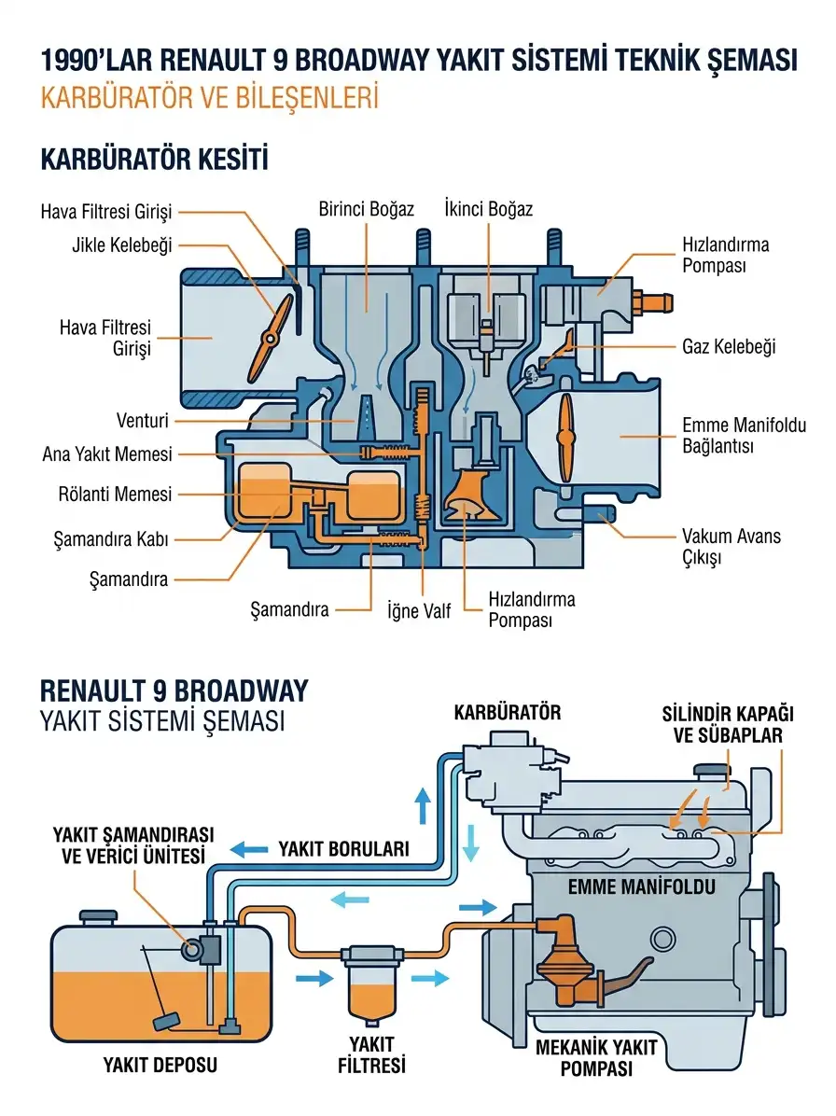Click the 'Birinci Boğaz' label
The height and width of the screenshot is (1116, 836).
coord(366,209)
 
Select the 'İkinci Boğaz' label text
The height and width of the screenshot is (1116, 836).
coord(488,208)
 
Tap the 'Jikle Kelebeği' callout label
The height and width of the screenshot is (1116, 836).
coord(121,245)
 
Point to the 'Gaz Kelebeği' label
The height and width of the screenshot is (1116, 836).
coord(729,346)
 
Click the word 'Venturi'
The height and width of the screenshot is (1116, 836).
coord(143,421)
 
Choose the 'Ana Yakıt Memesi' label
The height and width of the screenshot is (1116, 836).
coord(107,454)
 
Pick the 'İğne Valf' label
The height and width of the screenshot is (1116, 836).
coord(418,610)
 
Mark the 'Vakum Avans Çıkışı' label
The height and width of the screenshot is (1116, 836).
coord(731,547)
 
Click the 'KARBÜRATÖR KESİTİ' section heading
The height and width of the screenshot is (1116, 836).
coord(154,159)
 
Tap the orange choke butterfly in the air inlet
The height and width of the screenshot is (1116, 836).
coord(275,329)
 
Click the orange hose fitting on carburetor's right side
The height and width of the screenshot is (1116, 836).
coord(653,301)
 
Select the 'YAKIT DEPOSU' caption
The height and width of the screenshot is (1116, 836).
coord(160,1065)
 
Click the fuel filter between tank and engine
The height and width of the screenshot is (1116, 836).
coord(371,985)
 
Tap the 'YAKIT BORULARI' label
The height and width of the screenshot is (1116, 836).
coord(343,848)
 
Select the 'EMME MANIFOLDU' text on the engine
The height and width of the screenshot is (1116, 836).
coord(641,886)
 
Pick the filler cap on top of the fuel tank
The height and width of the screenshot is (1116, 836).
coord(98,917)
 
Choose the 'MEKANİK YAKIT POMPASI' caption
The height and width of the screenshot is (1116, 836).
coord(596,1057)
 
